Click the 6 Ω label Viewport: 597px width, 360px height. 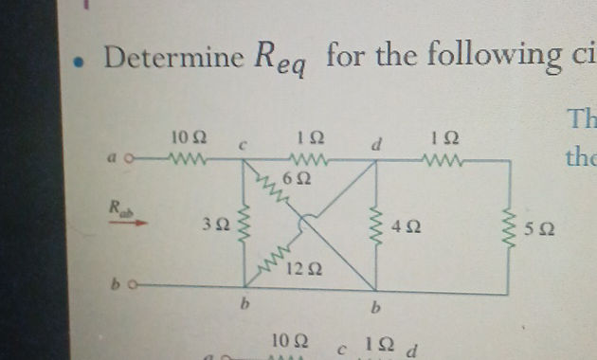(x=302, y=177)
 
